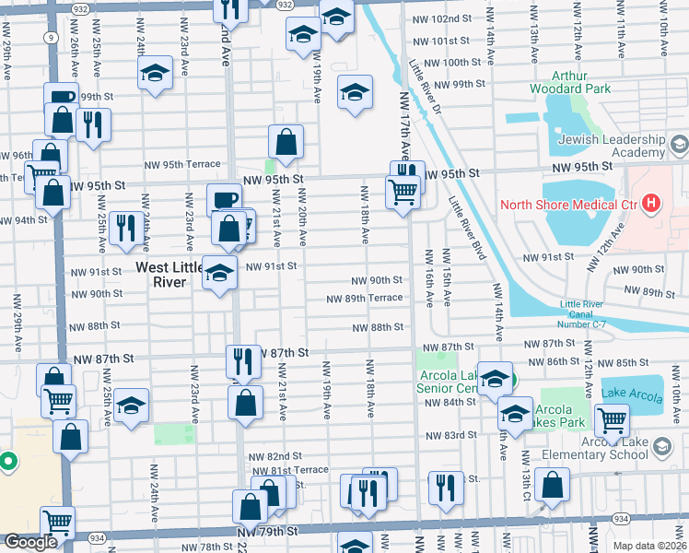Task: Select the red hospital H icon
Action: tap(652, 203)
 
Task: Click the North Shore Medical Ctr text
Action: tap(567, 203)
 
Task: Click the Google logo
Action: tap(30, 542)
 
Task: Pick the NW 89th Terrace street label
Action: tap(366, 298)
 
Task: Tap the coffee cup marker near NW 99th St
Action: tap(62, 97)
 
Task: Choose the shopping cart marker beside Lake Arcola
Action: tap(612, 420)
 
